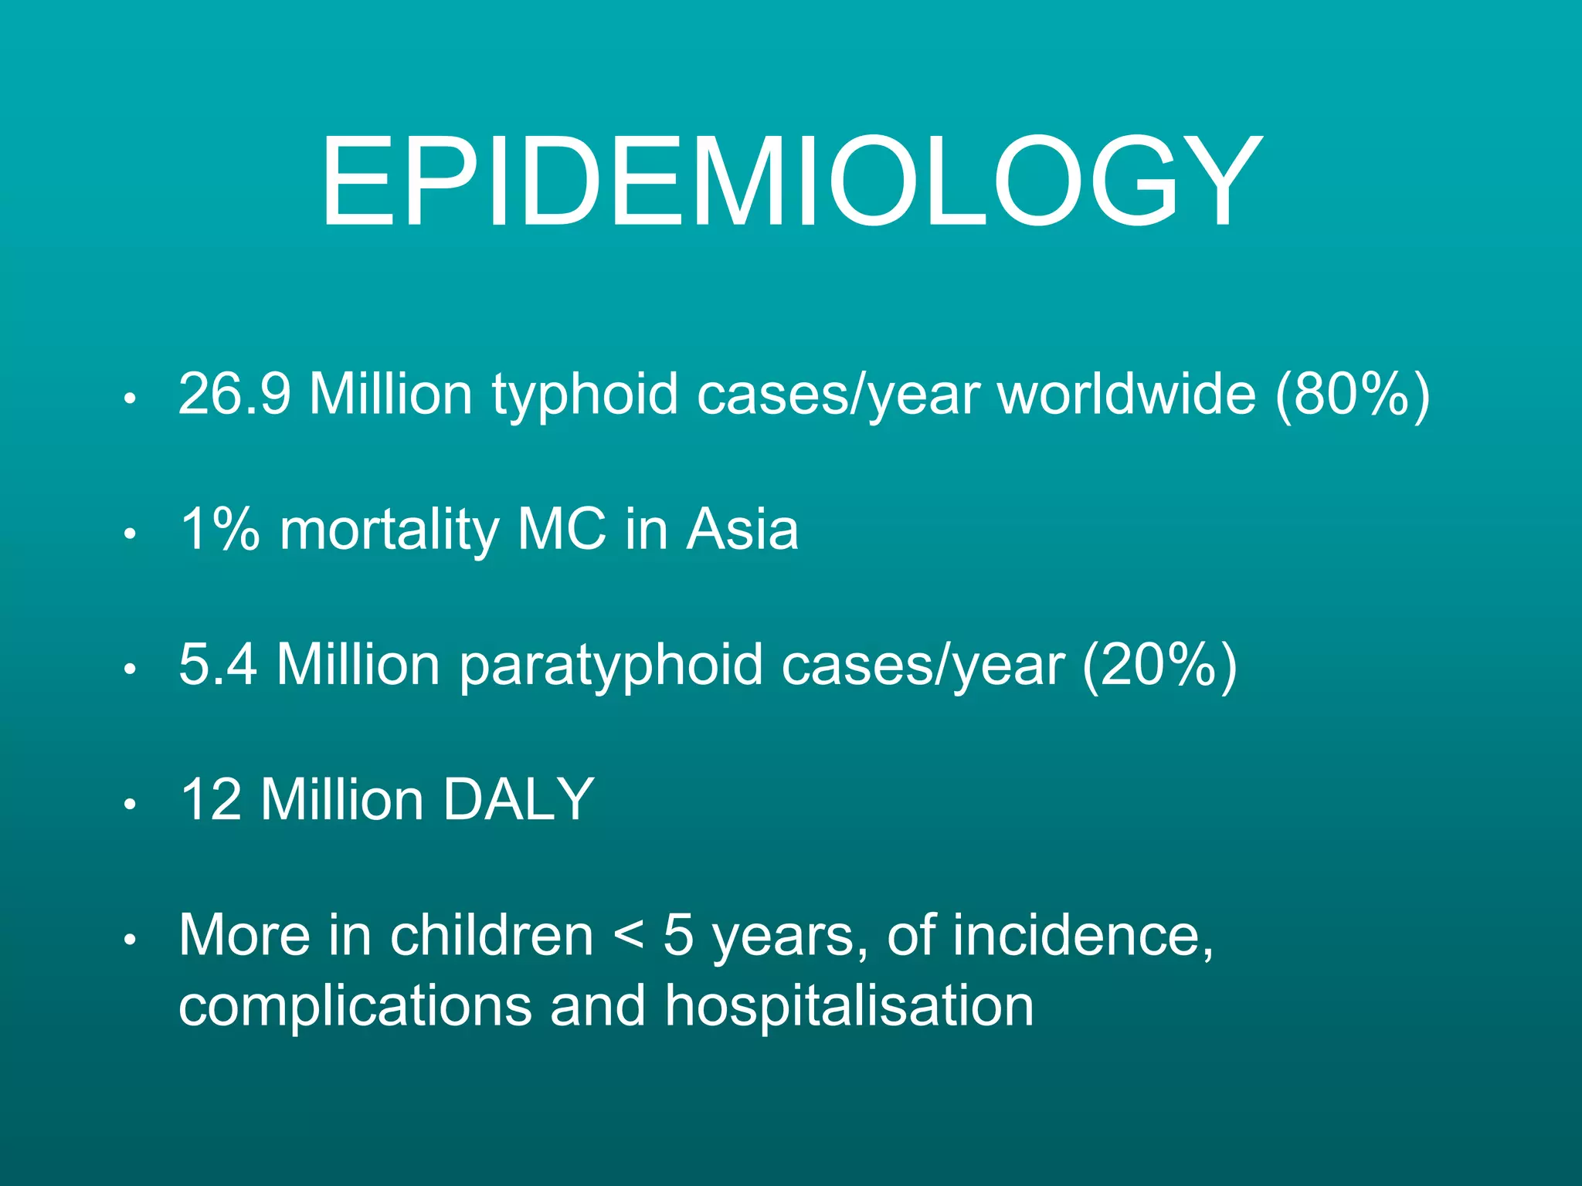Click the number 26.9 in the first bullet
coord(234,394)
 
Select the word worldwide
coord(1126,394)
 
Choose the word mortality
coord(389,531)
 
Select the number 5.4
coord(217,665)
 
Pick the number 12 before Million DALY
coord(210,800)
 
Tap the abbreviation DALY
coord(518,800)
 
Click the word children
coord(491,936)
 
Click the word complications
coord(355,1007)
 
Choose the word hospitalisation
coord(849,1007)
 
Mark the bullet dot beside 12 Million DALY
coord(130,805)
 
